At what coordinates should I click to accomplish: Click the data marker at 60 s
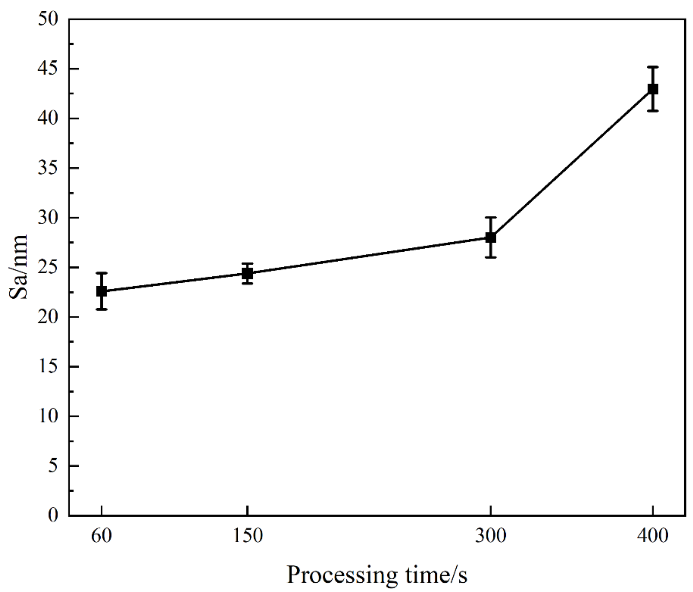(102, 291)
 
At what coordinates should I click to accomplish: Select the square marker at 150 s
(247, 274)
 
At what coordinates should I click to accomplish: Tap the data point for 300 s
(490, 237)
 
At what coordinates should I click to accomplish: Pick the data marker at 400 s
(653, 89)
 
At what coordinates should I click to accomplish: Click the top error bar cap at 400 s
(653, 67)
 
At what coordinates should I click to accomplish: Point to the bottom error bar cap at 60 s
(102, 309)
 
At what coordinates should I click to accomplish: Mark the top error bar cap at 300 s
(490, 217)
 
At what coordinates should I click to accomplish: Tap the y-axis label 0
(53, 515)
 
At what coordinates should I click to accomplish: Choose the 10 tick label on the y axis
(48, 416)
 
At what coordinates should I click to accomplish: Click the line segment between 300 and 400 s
(572, 163)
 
